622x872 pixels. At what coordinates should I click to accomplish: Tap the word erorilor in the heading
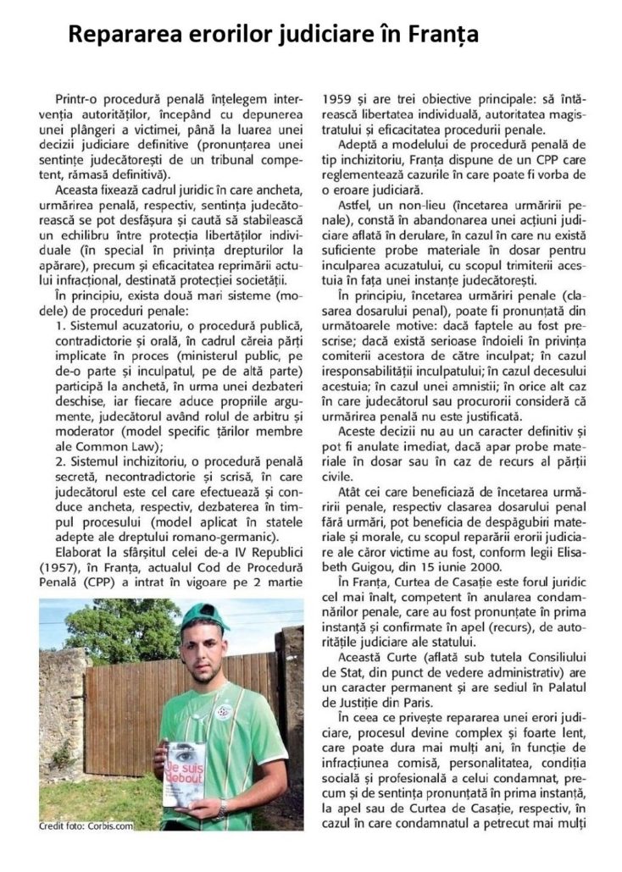click(x=212, y=35)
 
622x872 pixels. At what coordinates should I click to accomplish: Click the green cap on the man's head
click(x=204, y=619)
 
